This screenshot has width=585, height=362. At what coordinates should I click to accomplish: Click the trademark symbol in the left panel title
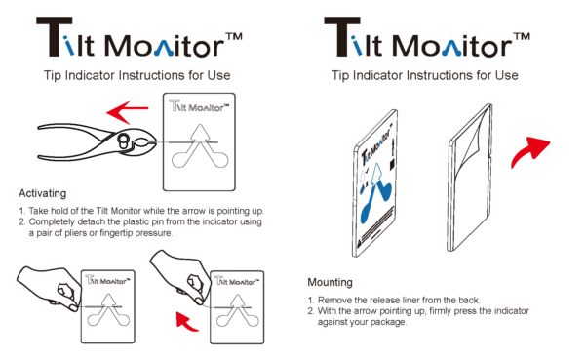pyautogui.click(x=233, y=37)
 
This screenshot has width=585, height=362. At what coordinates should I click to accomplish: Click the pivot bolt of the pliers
pyautogui.click(x=123, y=141)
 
